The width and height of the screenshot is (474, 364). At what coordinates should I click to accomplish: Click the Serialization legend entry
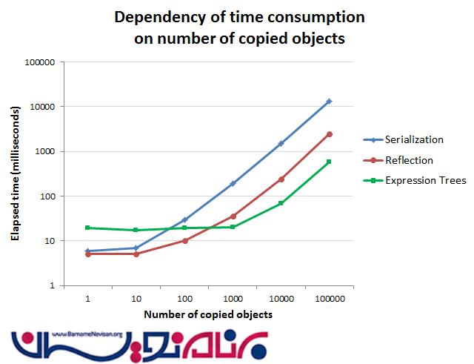413,139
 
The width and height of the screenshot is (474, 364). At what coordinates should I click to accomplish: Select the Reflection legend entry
409,159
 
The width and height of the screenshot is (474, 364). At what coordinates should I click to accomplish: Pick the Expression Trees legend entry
419,179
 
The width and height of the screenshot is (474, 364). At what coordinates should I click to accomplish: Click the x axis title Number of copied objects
208,314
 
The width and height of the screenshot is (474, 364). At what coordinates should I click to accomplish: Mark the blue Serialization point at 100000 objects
330,101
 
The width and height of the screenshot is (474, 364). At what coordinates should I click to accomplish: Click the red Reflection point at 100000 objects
330,134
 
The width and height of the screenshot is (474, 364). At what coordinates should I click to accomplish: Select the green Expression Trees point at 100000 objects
330,162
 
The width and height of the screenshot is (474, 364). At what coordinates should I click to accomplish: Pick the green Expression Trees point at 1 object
87,228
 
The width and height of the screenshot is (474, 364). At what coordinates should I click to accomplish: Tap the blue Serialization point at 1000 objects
233,183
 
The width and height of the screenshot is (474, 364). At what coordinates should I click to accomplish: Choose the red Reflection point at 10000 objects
281,179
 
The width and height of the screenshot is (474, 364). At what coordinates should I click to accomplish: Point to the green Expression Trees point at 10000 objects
281,203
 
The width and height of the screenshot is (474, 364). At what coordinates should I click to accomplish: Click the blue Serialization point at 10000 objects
281,143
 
